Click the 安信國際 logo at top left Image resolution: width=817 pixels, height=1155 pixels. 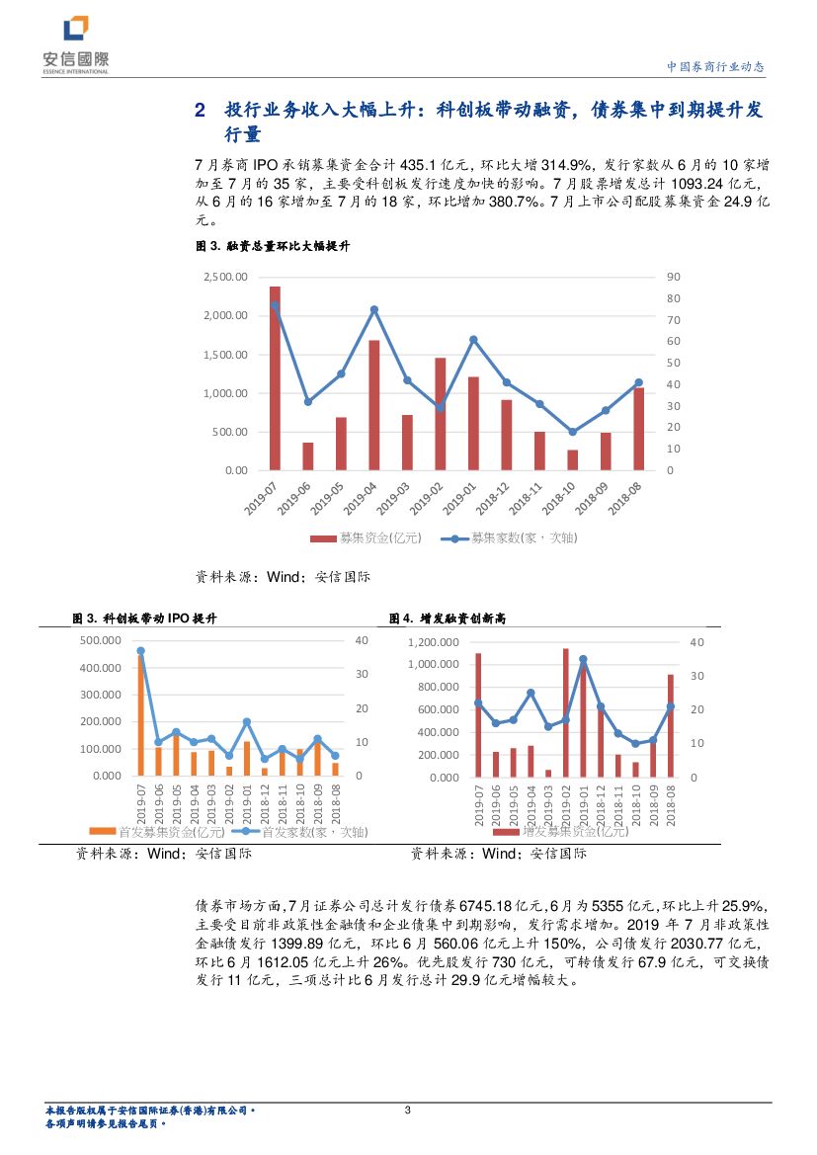click(x=74, y=43)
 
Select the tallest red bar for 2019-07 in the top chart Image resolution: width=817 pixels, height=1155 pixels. click(x=275, y=378)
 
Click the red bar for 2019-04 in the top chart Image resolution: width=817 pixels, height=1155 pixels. click(x=374, y=405)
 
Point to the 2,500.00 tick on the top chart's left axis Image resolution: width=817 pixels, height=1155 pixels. click(x=225, y=277)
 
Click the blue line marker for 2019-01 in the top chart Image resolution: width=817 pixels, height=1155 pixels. click(x=473, y=339)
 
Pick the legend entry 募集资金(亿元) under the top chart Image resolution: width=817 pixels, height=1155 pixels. click(x=368, y=538)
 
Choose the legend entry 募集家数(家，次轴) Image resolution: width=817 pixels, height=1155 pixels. click(x=510, y=538)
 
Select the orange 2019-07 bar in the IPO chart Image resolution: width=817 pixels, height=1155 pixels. click(x=141, y=713)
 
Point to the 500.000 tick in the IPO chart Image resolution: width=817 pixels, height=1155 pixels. click(x=98, y=640)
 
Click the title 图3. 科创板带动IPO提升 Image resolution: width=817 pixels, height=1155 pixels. click(x=145, y=619)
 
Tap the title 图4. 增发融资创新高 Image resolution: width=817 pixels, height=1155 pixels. click(x=448, y=619)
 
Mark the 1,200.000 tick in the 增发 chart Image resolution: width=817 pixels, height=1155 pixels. click(x=434, y=642)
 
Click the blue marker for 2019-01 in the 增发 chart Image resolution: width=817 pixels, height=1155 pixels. click(x=583, y=659)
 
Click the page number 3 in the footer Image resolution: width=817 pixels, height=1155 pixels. click(x=408, y=1112)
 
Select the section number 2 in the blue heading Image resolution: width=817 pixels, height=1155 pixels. click(x=200, y=111)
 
